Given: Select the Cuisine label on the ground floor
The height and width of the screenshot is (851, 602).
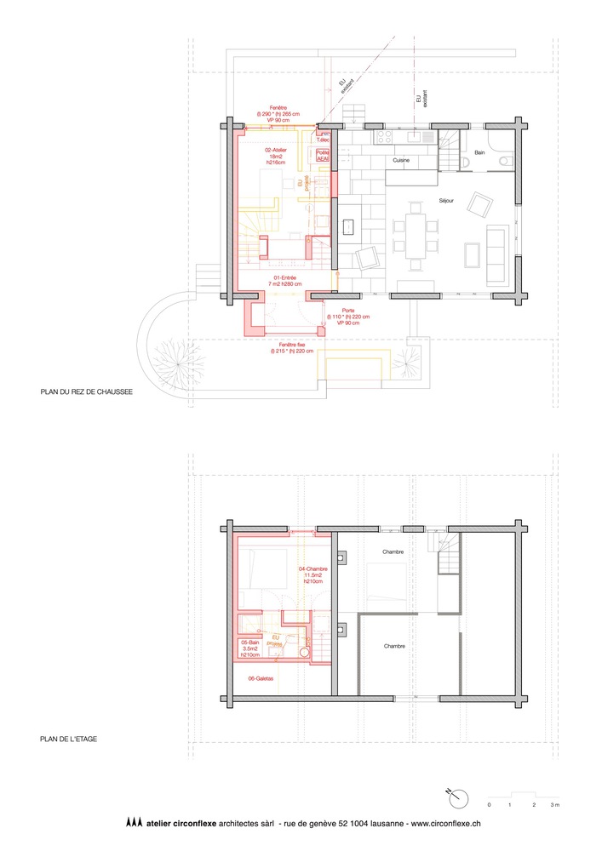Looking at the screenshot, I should [403, 160].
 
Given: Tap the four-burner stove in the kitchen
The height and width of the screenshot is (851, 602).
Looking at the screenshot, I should [381, 136].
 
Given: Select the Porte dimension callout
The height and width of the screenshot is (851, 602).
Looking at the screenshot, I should [349, 317].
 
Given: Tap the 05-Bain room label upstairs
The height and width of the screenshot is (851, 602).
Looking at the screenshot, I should [249, 648].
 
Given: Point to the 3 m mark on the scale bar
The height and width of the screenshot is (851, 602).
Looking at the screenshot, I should [555, 804].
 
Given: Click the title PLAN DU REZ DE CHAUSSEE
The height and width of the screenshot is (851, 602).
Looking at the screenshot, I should [87, 394].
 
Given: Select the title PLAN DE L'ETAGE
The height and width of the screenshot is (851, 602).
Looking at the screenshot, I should [68, 739].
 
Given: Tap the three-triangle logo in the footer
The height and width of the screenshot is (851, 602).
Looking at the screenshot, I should [133, 823].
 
